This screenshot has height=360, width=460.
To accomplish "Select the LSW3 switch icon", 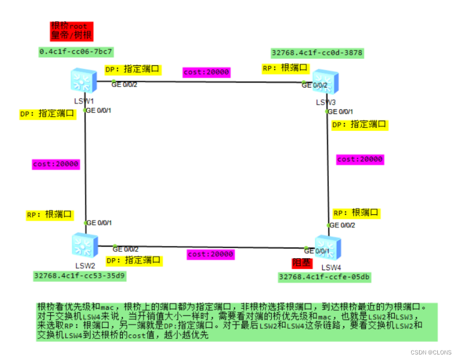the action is tap(325, 83).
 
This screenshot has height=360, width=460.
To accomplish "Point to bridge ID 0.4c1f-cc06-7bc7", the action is tap(76, 52).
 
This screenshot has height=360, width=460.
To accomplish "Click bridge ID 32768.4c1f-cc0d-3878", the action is tap(317, 53).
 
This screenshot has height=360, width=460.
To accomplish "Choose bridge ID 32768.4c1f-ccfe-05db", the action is tap(324, 277).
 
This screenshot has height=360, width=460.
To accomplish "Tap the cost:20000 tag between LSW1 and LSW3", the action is tap(206, 72).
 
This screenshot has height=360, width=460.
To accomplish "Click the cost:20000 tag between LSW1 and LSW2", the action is tap(55, 164).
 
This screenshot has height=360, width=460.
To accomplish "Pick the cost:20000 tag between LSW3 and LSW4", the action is tap(360, 159).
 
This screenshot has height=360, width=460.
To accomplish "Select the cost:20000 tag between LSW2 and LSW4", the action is tap(210, 254).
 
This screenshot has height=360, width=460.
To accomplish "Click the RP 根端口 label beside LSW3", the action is tap(286, 68).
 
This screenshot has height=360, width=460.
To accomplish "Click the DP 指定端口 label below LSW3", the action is tap(359, 125).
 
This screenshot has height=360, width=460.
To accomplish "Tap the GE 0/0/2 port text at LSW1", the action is tap(125, 85).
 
